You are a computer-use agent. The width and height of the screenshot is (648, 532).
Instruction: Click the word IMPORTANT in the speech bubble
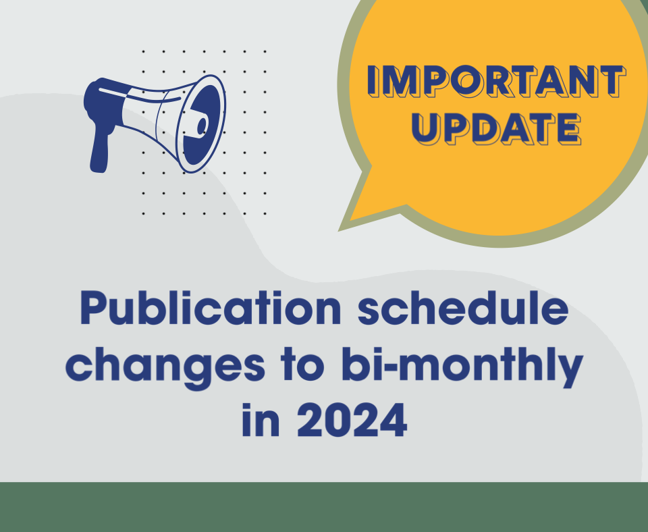[x=496, y=82]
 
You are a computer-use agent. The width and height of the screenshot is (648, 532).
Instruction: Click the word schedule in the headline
[x=463, y=308]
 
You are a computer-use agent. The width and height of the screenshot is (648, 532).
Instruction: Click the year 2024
[x=352, y=419]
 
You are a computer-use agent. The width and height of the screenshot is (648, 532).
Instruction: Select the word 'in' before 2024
[x=261, y=419]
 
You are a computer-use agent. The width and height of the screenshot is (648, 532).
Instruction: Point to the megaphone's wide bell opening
[x=201, y=124]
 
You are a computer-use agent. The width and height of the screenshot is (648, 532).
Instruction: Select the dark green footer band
[x=324, y=507]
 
